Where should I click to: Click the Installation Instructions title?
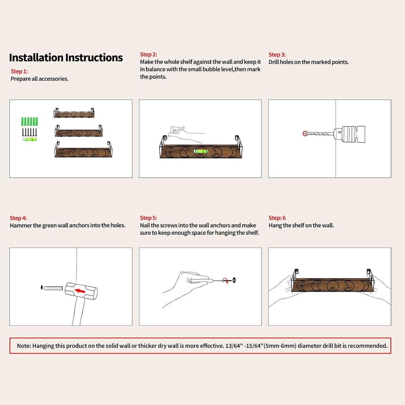pyautogui.click(x=66, y=58)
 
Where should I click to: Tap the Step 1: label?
pyautogui.click(x=19, y=71)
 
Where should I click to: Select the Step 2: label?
pyautogui.click(x=148, y=54)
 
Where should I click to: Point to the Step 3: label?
pyautogui.click(x=277, y=55)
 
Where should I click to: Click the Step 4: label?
pyautogui.click(x=18, y=218)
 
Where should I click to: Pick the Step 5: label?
pyautogui.click(x=148, y=218)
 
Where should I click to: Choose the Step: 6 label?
pyautogui.click(x=277, y=218)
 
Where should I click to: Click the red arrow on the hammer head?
pyautogui.click(x=80, y=291)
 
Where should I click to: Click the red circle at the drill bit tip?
pyautogui.click(x=305, y=133)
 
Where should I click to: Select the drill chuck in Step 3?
pyautogui.click(x=349, y=134)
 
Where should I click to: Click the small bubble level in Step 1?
pyautogui.click(x=30, y=139)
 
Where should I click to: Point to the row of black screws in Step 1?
pyautogui.click(x=29, y=132)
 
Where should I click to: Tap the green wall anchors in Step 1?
pyautogui.click(x=30, y=122)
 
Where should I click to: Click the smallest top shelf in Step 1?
pyautogui.click(x=74, y=113)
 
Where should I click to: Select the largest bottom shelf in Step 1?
pyautogui.click(x=83, y=150)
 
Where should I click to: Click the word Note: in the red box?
pyautogui.click(x=24, y=346)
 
